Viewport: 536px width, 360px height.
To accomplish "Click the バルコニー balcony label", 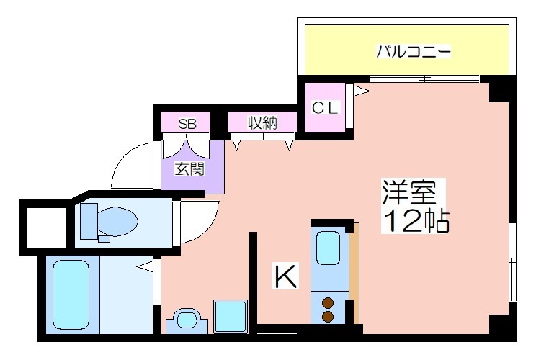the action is click(414, 52).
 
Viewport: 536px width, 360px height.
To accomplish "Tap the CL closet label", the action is click(325, 107).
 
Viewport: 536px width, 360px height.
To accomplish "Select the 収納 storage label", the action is click(262, 123).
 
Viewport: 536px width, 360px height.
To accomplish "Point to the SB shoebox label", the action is click(187, 124).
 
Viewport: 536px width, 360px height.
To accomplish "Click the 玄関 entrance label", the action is click(189, 168).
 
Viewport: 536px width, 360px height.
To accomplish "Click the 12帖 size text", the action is click(415, 220).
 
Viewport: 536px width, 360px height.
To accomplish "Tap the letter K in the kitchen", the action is click(286, 276).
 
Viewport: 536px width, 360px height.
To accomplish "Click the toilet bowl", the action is click(117, 221).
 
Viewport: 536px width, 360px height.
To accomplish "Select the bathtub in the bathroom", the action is click(71, 294).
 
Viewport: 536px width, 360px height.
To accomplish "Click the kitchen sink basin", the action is click(329, 248).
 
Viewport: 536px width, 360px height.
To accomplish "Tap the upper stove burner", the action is click(329, 302).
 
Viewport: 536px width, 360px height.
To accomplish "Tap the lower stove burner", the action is click(329, 316).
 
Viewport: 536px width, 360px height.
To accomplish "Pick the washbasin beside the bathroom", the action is click(187, 320).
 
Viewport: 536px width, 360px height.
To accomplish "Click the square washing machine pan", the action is click(231, 316).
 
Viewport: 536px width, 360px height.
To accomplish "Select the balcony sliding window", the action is click(424, 79).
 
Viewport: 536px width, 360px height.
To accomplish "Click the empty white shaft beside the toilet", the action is click(47, 228).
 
